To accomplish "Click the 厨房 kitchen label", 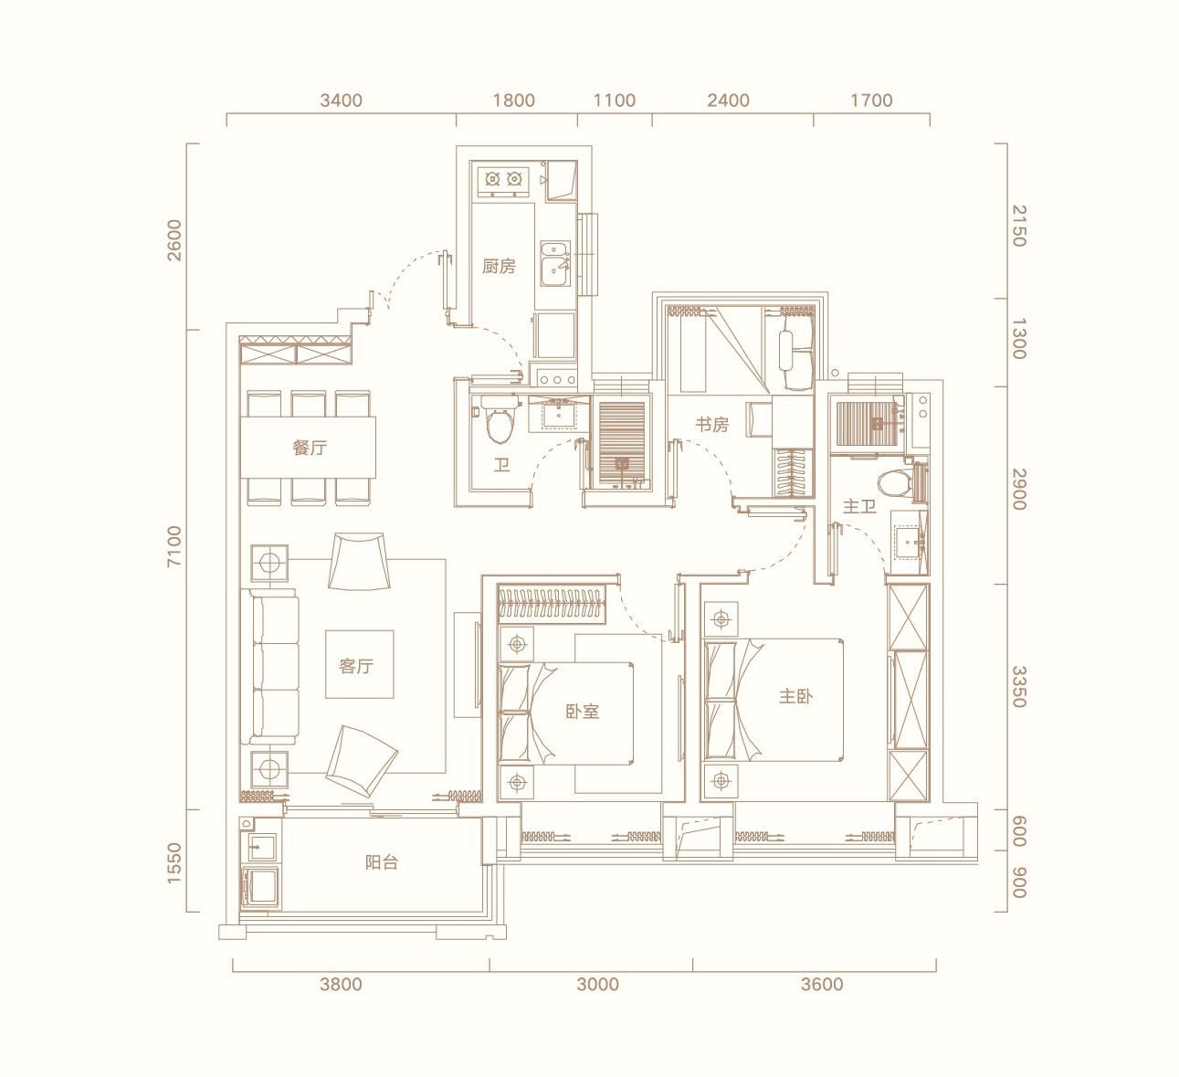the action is point(499,267).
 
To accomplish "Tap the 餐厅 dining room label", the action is point(310,448).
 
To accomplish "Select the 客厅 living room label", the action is point(356,666).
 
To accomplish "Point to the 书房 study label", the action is point(711,424).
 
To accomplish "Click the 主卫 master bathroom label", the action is point(859,505).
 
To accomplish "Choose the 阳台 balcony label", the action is point(382,861).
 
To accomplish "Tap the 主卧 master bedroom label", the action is point(795,696).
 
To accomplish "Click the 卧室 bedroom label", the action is point(583,712).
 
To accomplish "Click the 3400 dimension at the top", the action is point(341,100).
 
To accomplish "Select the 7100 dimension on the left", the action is point(174,546).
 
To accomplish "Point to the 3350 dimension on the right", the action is point(1019,687).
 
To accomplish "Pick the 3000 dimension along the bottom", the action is point(598,984).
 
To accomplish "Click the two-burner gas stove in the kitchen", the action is point(503,179).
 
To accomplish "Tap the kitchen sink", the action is point(555,265).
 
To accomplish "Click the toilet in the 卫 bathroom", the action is point(500,418).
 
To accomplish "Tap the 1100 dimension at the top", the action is point(615,100).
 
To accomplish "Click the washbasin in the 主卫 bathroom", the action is point(910,541).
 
